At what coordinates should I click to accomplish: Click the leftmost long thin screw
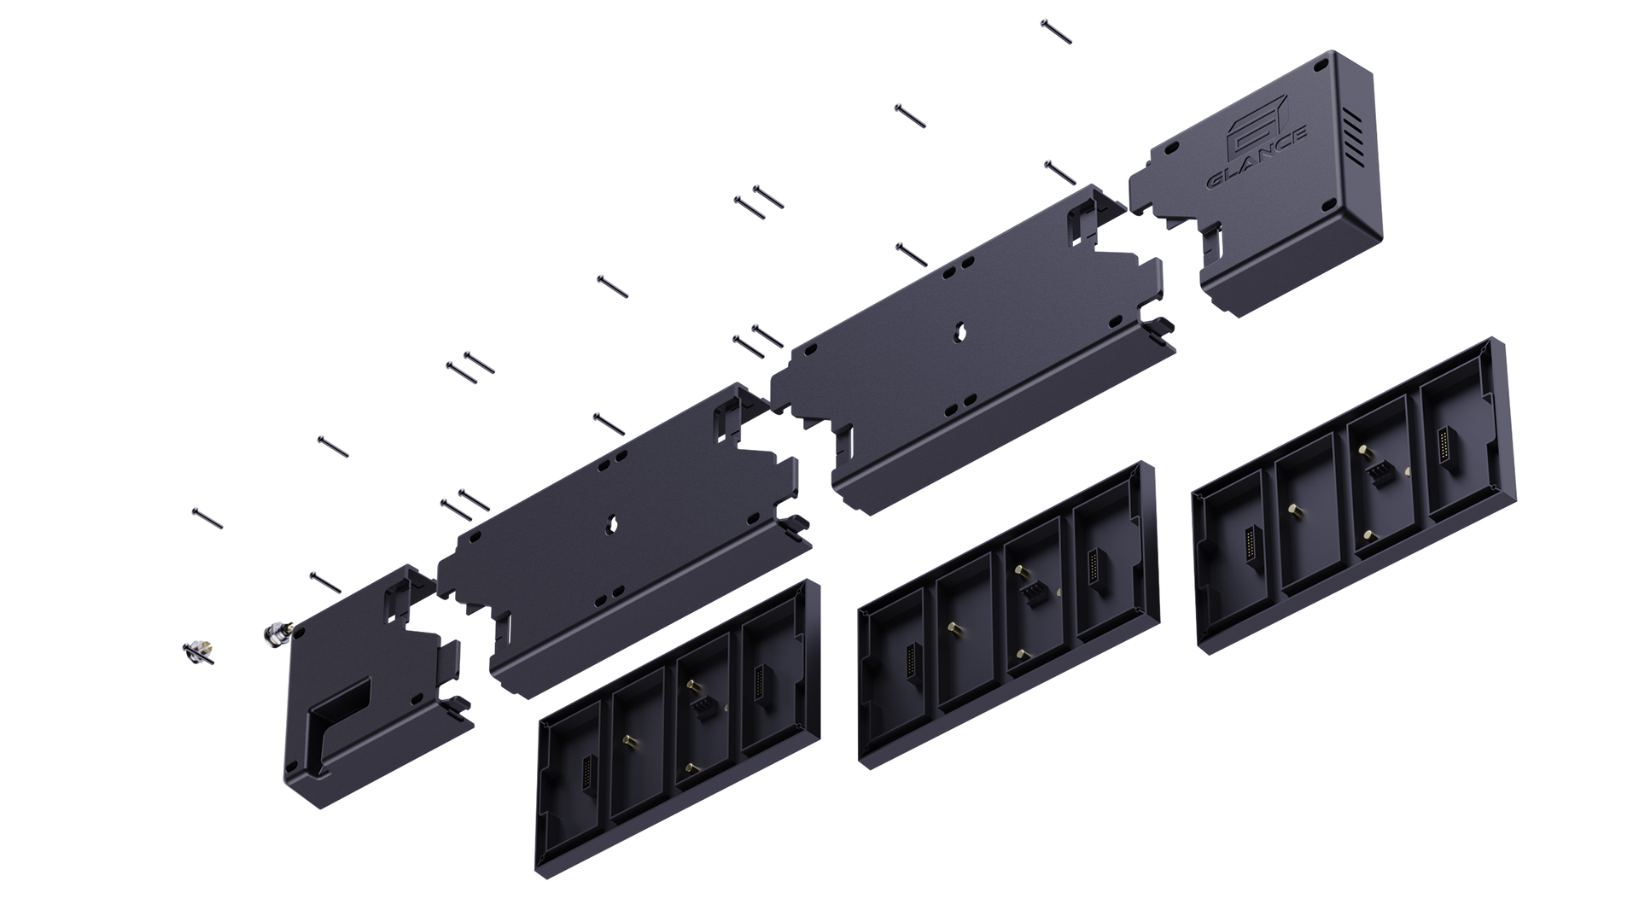(x=208, y=518)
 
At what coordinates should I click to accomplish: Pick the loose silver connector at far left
(x=197, y=652)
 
